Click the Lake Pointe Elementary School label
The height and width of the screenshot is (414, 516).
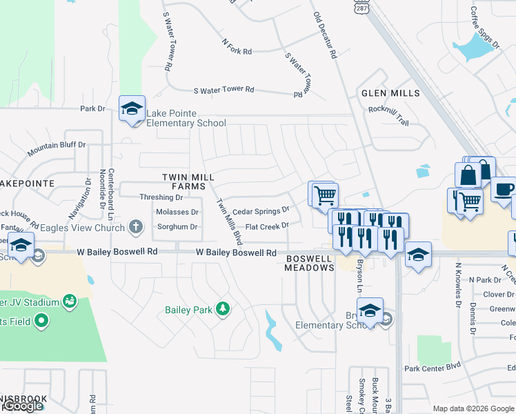186,119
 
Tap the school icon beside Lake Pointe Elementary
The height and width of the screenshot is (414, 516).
132,108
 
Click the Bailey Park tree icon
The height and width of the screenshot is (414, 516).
222,308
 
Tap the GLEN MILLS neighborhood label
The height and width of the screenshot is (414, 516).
390,93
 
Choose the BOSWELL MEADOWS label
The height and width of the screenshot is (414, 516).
310,262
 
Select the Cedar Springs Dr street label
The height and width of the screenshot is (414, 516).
261,211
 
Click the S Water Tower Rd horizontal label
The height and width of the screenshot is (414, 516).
224,90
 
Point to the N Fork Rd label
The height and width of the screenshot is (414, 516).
237,46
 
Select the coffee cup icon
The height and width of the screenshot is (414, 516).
503,188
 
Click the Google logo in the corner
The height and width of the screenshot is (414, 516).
23,406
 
